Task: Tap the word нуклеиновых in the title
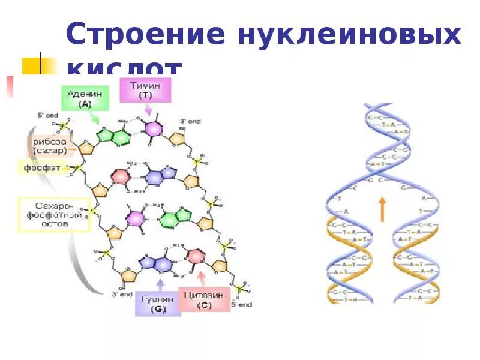pos(349,34)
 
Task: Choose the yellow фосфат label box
pos(42,168)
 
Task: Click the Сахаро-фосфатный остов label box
pos(54,214)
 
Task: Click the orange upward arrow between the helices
pos(382,210)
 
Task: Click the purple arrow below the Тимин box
pos(148,111)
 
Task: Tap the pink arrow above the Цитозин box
pos(201,277)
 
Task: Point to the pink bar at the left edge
pos(10,87)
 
